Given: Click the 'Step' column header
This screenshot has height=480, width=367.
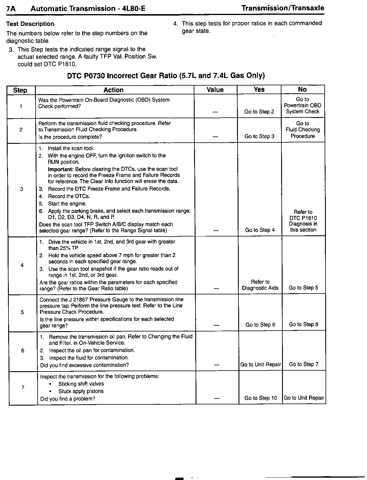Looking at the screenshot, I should click(20, 90).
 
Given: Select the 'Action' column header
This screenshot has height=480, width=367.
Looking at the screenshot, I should click(114, 90).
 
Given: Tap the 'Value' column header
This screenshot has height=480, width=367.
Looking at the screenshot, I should click(215, 90).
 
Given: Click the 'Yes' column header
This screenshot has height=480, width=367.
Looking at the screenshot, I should click(259, 89).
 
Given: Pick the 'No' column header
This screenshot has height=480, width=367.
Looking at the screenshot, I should click(302, 89).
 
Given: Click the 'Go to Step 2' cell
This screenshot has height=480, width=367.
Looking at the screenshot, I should click(259, 112).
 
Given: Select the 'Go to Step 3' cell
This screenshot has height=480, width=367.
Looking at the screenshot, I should click(259, 136).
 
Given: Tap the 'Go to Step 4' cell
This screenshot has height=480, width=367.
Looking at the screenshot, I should click(260, 230).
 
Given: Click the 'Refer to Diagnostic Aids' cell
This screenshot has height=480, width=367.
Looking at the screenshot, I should click(260, 285).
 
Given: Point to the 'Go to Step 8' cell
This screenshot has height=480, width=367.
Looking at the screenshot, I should click(303, 324).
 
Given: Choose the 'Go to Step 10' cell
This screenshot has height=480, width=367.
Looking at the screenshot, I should click(261, 398).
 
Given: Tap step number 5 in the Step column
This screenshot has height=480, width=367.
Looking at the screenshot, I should click(22, 312).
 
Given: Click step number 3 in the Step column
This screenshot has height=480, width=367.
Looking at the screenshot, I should click(21, 189).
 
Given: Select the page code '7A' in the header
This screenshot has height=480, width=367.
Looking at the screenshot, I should click(11, 9).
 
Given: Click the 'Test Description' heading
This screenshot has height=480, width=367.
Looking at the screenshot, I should click(30, 24).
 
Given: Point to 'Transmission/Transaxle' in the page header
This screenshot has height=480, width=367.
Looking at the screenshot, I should click(283, 8).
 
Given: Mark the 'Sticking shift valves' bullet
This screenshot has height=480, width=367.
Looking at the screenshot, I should click(81, 384).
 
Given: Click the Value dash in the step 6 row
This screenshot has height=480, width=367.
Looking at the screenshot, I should click(217, 365).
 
